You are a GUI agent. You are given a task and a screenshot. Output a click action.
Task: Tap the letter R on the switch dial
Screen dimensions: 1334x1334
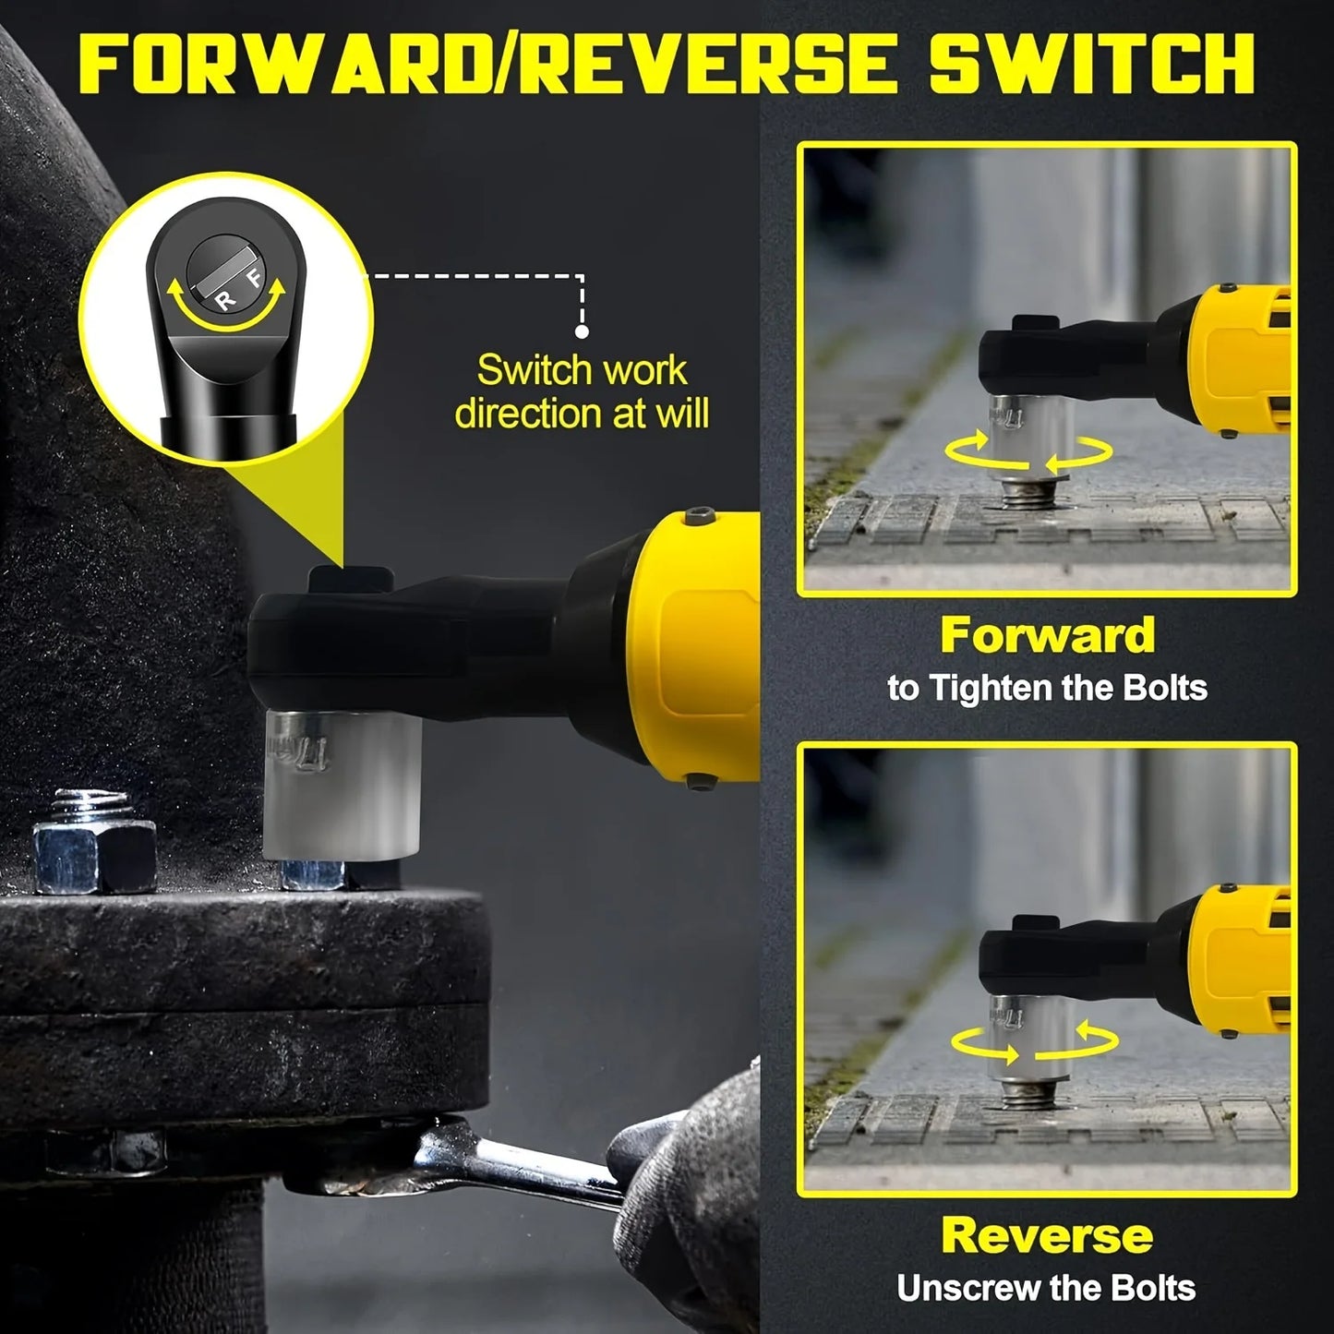pos(225,298)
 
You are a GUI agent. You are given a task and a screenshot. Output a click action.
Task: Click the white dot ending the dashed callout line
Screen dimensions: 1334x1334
pos(582,330)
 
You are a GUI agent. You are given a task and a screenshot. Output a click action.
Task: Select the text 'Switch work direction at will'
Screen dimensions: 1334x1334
pos(582,391)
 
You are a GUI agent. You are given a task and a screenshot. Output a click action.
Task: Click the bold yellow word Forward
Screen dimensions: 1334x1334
pos(1047,636)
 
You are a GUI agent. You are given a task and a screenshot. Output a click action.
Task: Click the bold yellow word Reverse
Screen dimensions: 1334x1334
pos(1047,1235)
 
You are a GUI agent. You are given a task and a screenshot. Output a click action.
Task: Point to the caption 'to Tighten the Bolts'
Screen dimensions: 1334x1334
pos(1047,688)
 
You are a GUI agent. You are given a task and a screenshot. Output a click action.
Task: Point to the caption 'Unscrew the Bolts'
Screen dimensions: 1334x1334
pos(1047,1288)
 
